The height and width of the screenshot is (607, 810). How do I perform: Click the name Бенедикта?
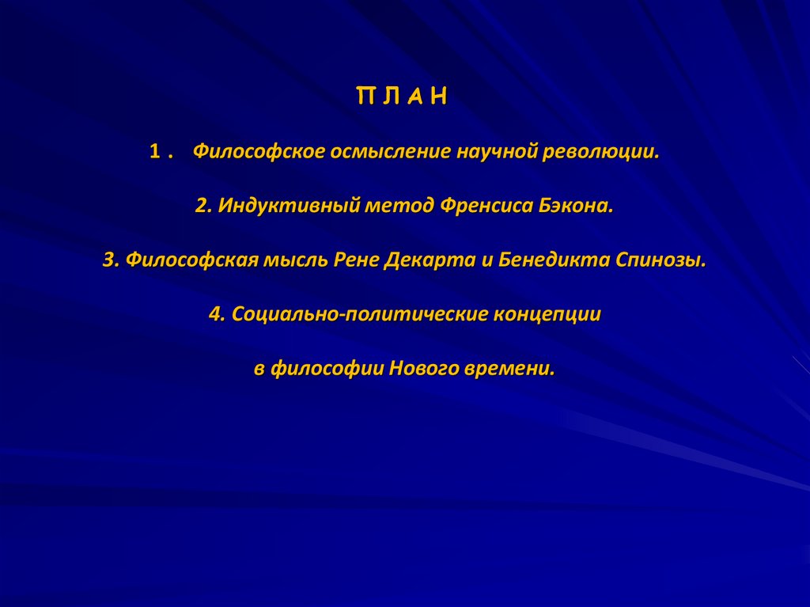pyautogui.click(x=554, y=260)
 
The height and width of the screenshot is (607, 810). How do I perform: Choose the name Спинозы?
pyautogui.click(x=660, y=260)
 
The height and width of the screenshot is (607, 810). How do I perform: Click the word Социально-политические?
pyautogui.click(x=358, y=314)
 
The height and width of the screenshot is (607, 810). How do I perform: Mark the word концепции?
pyautogui.click(x=547, y=314)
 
